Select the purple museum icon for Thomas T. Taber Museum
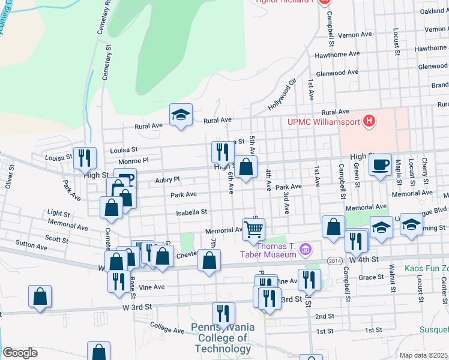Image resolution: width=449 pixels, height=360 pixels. point(306,248)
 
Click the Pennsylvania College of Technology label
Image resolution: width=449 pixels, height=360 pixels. point(223,338)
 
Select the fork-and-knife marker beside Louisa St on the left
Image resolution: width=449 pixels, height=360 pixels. point(85,158)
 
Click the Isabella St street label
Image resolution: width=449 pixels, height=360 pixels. point(191,212)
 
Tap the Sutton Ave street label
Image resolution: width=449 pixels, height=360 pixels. point(32,247)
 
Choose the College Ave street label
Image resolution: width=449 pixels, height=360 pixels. point(167,330)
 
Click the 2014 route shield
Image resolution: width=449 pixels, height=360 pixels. point(335,260)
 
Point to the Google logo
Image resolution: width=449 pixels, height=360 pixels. point(20,353)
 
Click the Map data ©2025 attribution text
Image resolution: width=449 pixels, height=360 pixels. point(423,355)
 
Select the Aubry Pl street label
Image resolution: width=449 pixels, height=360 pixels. point(167,179)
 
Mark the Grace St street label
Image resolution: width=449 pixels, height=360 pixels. point(372,277)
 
